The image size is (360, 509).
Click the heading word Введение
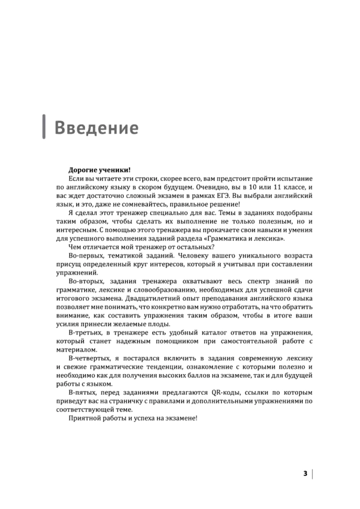point(96,128)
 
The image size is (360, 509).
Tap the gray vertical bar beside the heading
point(44,126)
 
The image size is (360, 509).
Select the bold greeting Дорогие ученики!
point(99,170)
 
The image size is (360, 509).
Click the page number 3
point(305,473)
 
